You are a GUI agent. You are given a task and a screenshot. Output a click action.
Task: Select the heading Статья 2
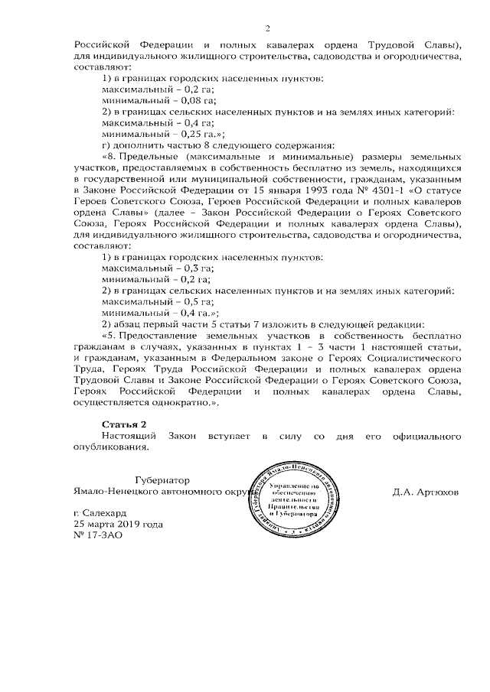[x=123, y=423]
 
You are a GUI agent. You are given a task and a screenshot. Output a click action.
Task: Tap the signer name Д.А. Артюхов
[x=426, y=492]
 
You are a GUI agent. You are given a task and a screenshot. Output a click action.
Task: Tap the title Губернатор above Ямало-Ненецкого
[x=159, y=479]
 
